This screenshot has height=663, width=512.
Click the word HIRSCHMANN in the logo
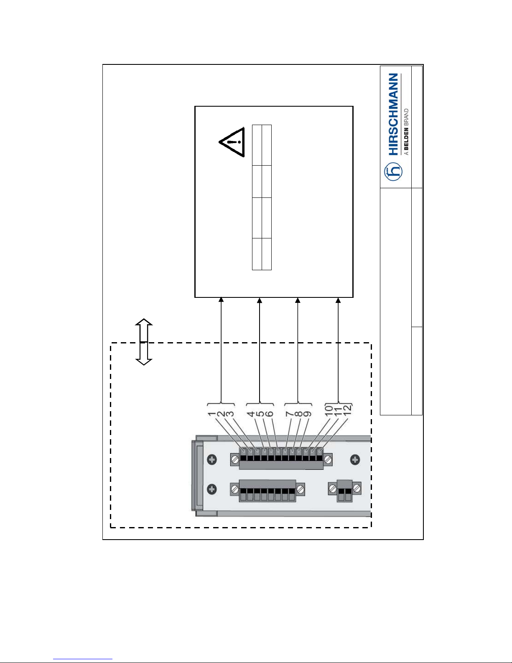(393, 114)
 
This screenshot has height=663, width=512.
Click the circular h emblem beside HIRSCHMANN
(393, 172)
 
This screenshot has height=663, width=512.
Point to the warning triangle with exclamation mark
(232, 142)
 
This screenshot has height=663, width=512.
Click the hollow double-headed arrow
(144, 342)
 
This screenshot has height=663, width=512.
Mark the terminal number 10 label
(329, 410)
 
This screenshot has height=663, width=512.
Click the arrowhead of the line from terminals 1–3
(221, 300)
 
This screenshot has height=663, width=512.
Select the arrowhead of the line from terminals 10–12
(338, 300)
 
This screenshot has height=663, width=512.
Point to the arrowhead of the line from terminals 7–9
(298, 300)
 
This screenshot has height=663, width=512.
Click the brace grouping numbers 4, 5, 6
(260, 404)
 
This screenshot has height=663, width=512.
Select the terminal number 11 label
(338, 410)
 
